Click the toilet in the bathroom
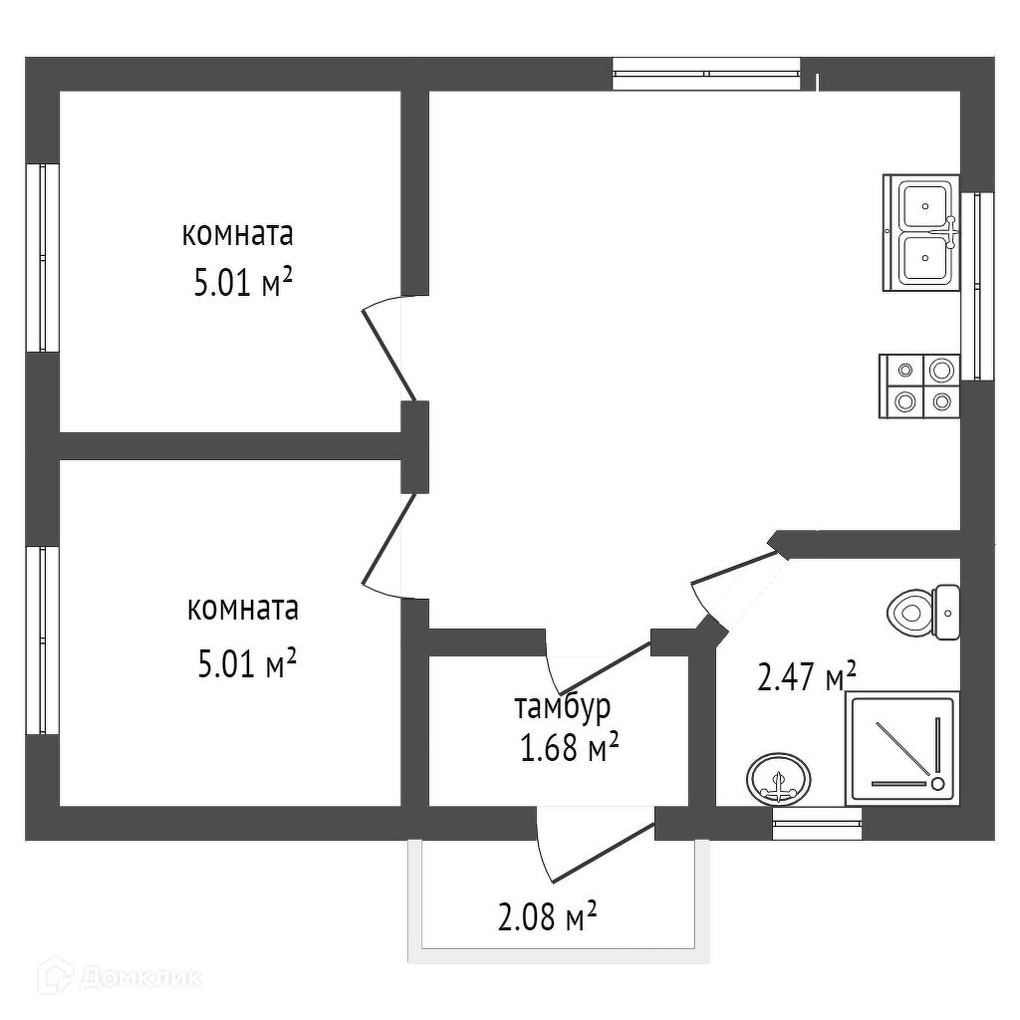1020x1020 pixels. (922, 612)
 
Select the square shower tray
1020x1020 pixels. (901, 749)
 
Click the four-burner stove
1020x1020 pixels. (919, 385)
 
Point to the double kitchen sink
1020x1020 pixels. (921, 233)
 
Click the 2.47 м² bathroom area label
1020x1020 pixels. (807, 678)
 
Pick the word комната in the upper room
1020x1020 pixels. (237, 235)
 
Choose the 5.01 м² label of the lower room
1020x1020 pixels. (248, 662)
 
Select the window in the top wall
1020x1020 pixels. (705, 73)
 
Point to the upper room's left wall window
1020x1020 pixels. (42, 257)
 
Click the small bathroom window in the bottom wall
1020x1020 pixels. (817, 823)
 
